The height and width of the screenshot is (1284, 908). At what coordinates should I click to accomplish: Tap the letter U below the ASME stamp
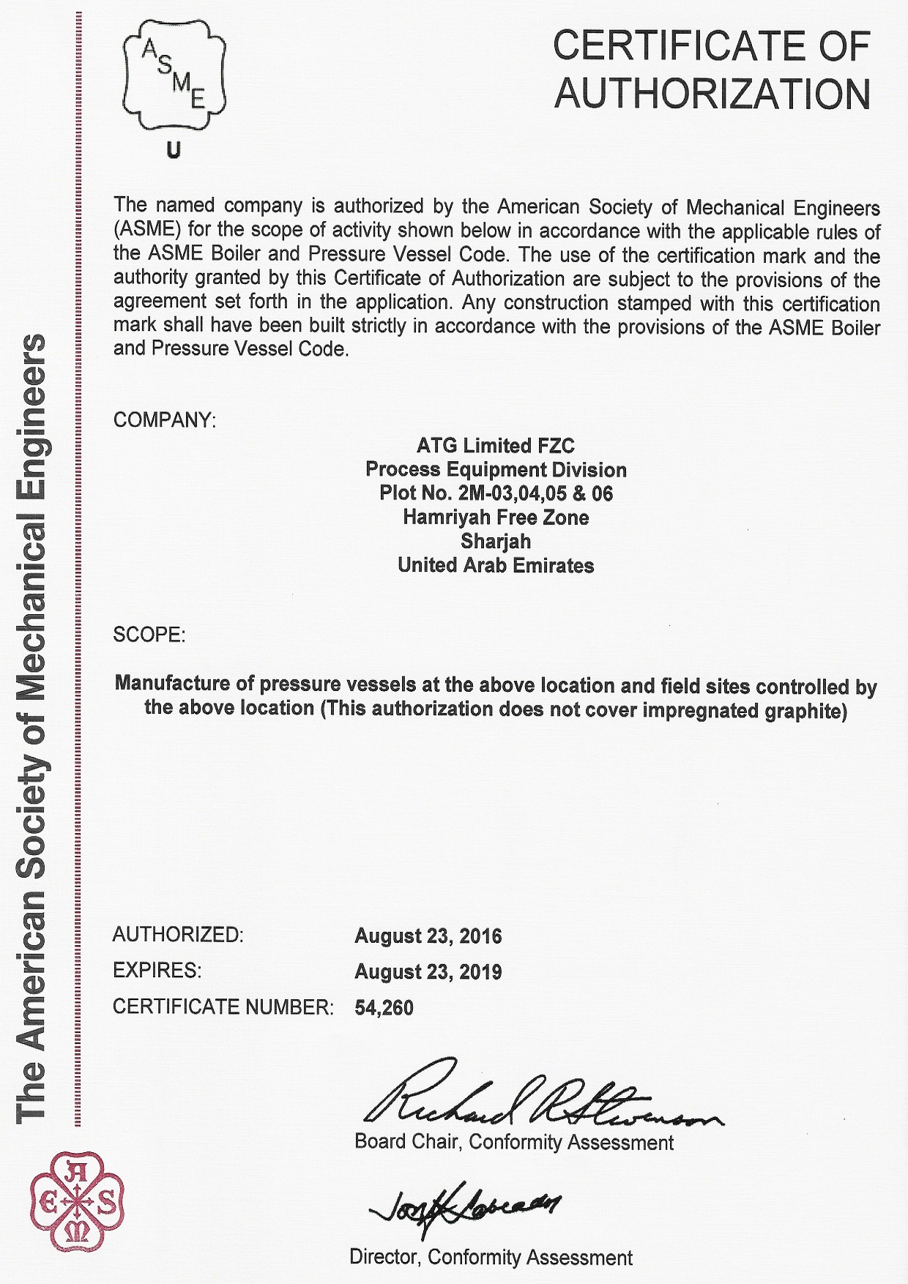pyautogui.click(x=174, y=151)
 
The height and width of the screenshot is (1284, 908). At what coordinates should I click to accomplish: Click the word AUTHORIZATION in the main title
pyautogui.click(x=712, y=94)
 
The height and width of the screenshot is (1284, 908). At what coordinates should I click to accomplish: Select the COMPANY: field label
pyautogui.click(x=165, y=420)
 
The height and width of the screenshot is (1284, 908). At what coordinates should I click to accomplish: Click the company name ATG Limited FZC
pyautogui.click(x=496, y=446)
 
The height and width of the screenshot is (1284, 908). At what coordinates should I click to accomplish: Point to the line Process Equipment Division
pyautogui.click(x=496, y=470)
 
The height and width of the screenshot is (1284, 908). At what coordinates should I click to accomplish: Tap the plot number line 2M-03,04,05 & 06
pyautogui.click(x=496, y=493)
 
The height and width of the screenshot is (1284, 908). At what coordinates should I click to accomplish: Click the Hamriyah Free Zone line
pyautogui.click(x=496, y=518)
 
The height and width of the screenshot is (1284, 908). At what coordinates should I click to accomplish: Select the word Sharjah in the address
pyautogui.click(x=496, y=542)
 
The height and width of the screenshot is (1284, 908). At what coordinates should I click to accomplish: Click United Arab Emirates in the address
pyautogui.click(x=496, y=566)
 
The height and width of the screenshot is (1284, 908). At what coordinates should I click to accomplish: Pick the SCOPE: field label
pyautogui.click(x=149, y=635)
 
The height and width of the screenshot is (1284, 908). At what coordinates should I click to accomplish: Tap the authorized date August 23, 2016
pyautogui.click(x=428, y=936)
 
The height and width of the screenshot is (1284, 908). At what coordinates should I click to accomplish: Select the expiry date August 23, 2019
pyautogui.click(x=428, y=972)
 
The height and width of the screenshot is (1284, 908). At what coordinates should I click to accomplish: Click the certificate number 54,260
pyautogui.click(x=384, y=1008)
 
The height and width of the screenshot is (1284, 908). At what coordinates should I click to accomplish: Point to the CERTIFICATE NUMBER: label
pyautogui.click(x=223, y=1007)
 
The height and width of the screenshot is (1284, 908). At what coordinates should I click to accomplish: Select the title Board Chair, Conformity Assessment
pyautogui.click(x=514, y=1143)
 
